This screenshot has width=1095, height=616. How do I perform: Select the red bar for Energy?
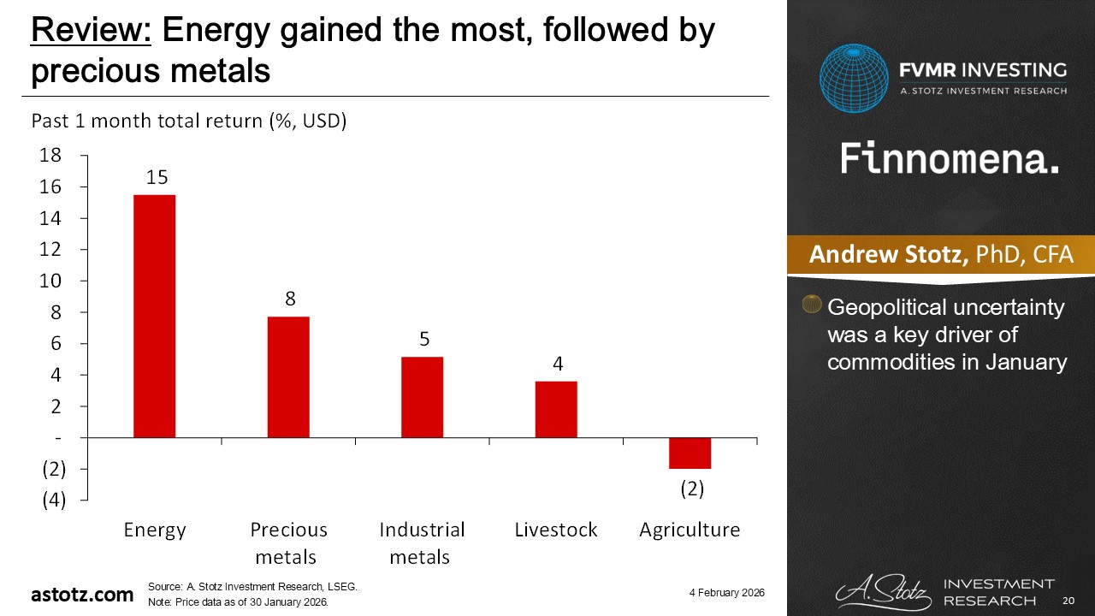(154, 316)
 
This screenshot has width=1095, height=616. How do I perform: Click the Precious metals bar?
(288, 376)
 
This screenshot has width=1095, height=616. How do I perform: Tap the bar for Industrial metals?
(422, 397)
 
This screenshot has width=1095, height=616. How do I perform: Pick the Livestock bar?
(556, 409)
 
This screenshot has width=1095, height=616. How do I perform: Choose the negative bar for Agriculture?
(690, 453)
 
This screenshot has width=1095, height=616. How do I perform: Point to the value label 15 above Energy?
(156, 177)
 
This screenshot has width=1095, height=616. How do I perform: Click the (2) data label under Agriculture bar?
(691, 489)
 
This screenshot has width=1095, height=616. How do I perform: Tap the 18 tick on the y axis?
(50, 155)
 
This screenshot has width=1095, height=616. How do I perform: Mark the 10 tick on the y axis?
(50, 281)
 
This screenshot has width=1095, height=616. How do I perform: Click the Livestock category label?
(555, 530)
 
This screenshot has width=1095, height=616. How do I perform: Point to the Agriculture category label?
(690, 530)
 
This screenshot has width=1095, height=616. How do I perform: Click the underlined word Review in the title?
(91, 33)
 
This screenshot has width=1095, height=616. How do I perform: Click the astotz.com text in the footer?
(82, 595)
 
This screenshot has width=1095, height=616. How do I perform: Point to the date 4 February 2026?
(725, 593)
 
